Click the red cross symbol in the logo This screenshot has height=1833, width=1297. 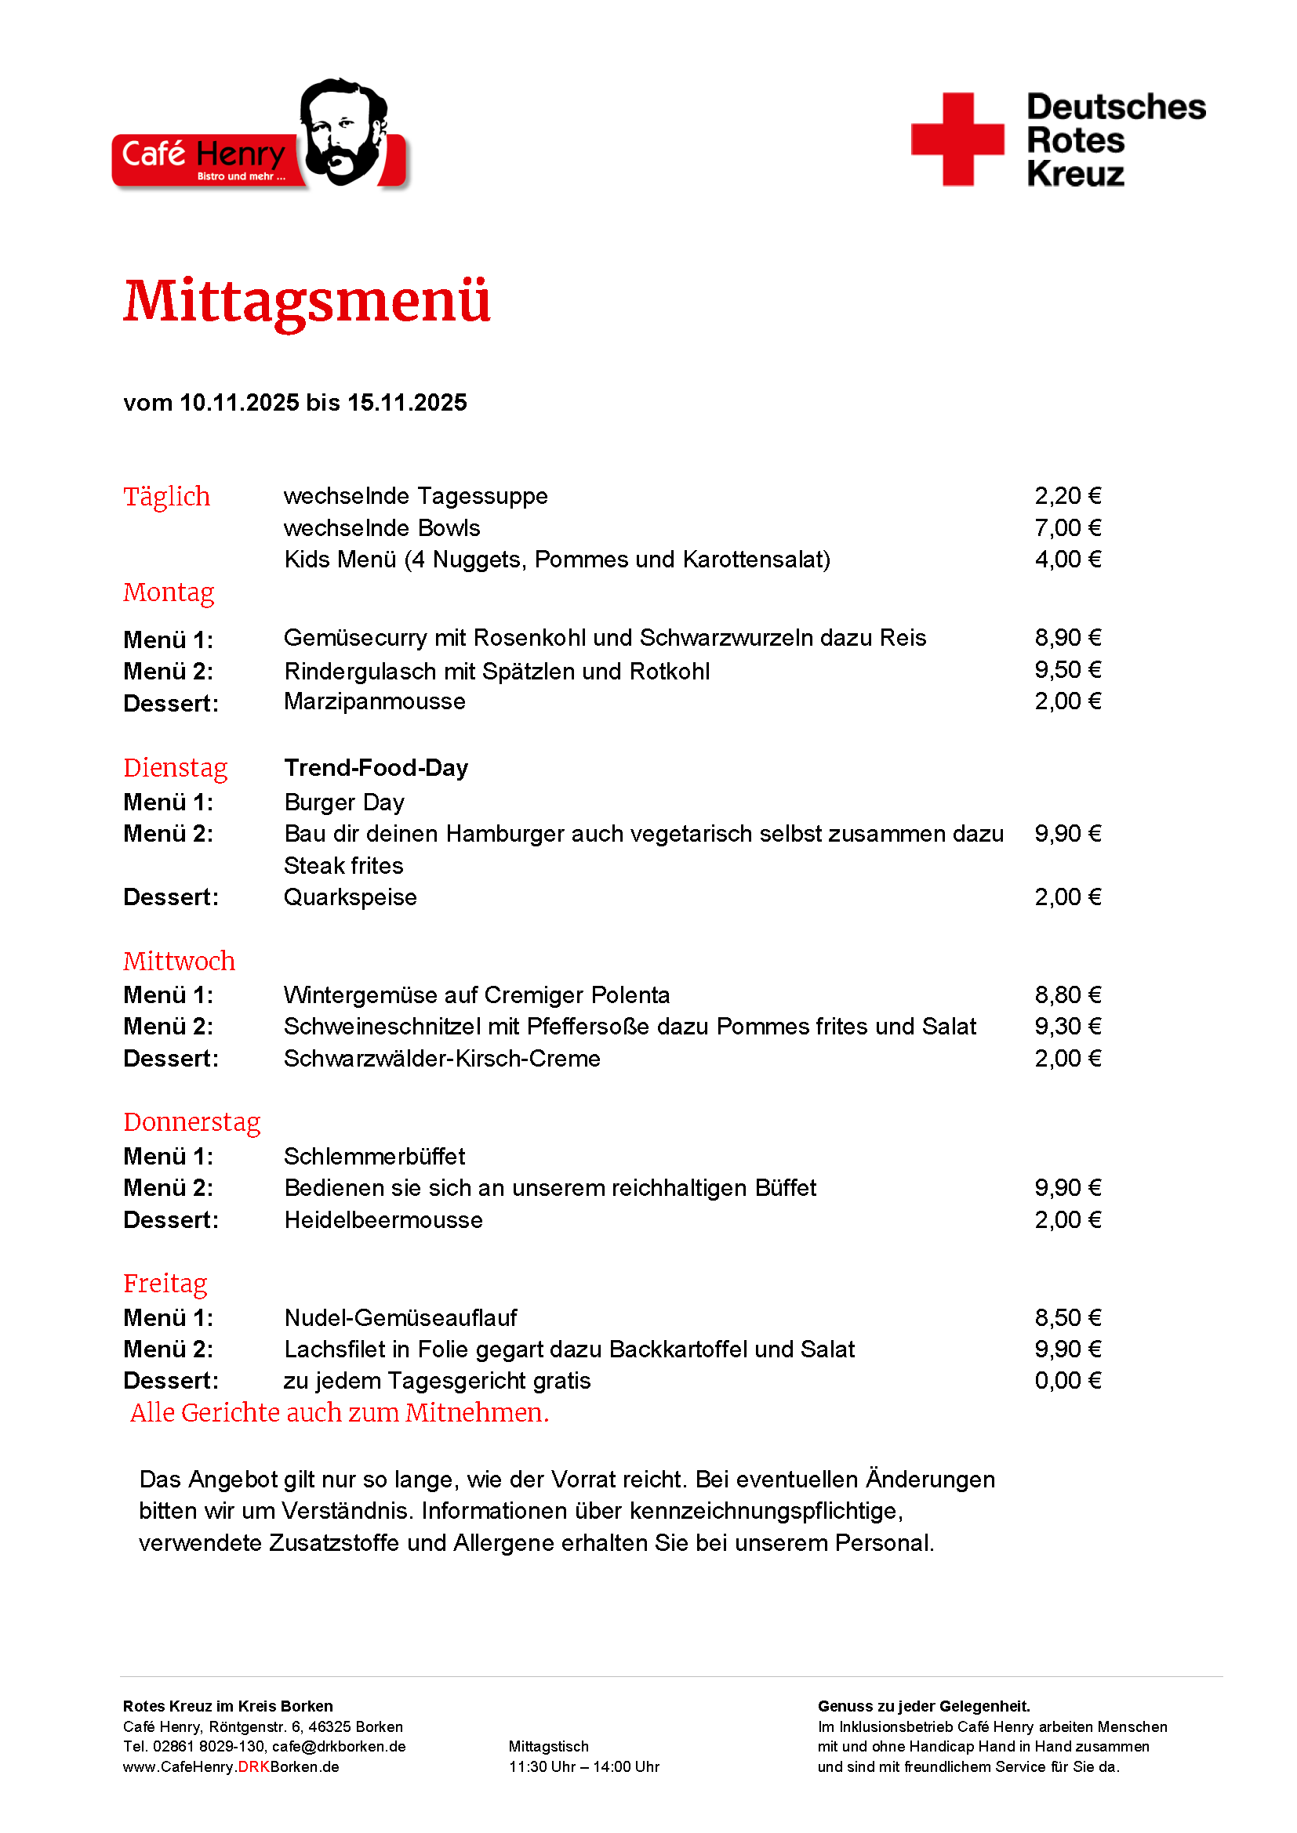coord(957,139)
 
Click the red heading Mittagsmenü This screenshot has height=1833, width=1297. coord(307,302)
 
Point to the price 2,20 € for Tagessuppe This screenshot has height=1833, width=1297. coord(1067,496)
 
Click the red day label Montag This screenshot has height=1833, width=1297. coord(169,592)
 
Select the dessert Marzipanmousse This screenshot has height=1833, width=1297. coord(375,701)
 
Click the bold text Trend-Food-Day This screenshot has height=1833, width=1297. coord(376,767)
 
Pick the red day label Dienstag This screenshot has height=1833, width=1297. coord(175,767)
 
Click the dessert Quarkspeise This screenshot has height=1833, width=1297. coord(350,897)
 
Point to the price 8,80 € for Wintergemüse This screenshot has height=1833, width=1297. coord(1067,994)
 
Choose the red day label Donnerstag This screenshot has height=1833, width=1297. coord(191,1121)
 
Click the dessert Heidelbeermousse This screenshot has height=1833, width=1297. coord(383,1220)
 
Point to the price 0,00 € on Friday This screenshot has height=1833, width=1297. coord(1067,1380)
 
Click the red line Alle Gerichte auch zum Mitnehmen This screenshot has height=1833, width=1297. coord(340,1413)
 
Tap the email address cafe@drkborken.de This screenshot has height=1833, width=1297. coord(339,1747)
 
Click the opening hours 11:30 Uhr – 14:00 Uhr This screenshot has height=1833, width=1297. coord(584,1766)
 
